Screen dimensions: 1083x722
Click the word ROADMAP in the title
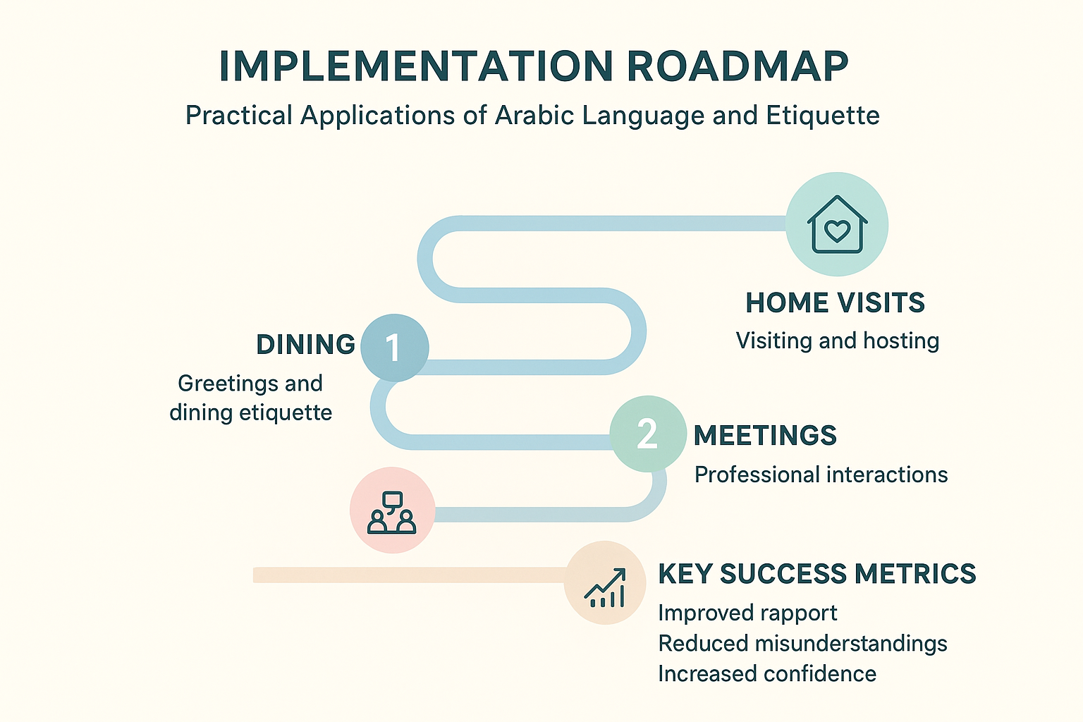[x=738, y=66]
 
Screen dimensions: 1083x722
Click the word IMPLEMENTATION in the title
[x=416, y=66]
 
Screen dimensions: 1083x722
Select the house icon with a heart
[x=837, y=224]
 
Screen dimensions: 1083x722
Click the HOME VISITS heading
[x=835, y=302]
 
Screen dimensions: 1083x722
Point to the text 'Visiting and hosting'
[x=838, y=341]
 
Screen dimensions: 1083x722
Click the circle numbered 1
[x=395, y=348]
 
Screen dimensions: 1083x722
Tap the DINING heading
[x=305, y=344]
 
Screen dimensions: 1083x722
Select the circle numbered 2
[x=648, y=434]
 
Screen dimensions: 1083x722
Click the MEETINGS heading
[x=765, y=435]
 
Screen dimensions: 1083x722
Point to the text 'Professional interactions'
[x=821, y=475]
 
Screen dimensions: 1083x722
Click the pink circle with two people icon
[x=392, y=510]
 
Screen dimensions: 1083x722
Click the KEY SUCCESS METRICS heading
[x=817, y=574]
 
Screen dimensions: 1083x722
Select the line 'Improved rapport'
[x=747, y=613]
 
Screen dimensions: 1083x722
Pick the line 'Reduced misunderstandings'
[x=802, y=644]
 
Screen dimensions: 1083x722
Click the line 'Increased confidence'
[x=767, y=674]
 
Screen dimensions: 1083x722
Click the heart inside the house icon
[x=837, y=230]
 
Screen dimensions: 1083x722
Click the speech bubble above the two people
[x=392, y=501]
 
